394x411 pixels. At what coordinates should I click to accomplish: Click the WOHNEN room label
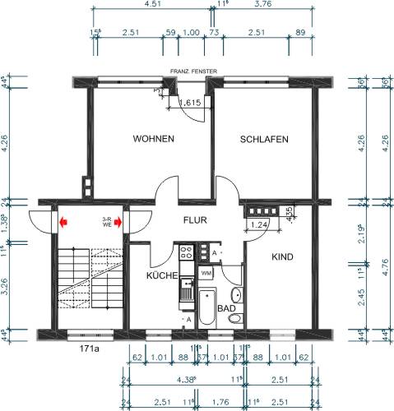tap(153, 140)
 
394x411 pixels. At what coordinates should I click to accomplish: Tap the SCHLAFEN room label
tap(264, 140)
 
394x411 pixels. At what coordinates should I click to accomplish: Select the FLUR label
tap(194, 220)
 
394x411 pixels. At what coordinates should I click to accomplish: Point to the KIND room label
tap(282, 256)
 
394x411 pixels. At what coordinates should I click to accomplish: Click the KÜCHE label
tap(162, 276)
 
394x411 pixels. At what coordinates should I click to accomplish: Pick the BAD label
tap(225, 308)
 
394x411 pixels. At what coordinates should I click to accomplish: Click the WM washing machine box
tap(206, 272)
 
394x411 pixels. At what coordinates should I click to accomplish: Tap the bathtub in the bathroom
tap(207, 308)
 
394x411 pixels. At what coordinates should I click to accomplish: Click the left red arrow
tap(63, 221)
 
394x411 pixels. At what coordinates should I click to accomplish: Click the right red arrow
tap(120, 221)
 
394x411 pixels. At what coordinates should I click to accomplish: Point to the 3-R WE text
tap(106, 221)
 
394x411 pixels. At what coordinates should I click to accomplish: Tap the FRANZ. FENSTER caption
tap(193, 72)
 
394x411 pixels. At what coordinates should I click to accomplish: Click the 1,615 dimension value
tap(190, 103)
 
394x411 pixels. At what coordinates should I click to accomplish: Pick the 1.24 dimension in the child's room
tap(258, 224)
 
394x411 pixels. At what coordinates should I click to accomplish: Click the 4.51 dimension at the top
tap(151, 4)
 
